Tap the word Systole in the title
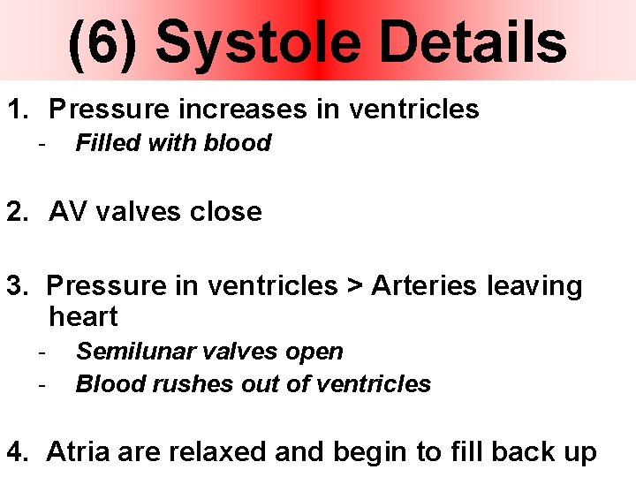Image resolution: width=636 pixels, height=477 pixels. click(x=256, y=44)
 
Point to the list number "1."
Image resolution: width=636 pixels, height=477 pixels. click(x=19, y=110)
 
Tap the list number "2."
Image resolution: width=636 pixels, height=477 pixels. click(x=19, y=212)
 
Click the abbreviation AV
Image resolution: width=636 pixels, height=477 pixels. click(x=67, y=212)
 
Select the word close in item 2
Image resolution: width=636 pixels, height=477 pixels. click(x=228, y=212)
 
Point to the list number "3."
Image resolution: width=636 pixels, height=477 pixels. click(x=19, y=286)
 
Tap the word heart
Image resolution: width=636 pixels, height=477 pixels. click(x=83, y=316)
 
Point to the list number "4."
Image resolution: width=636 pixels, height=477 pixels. click(x=19, y=452)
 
